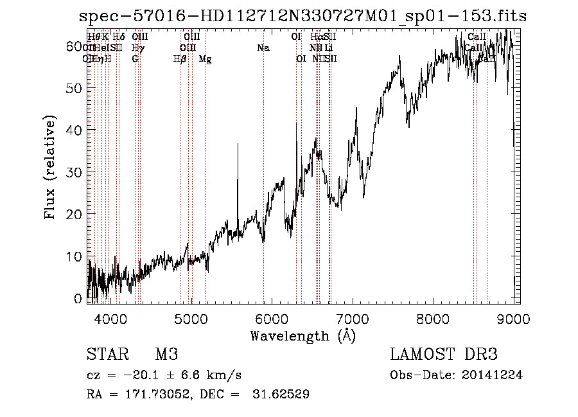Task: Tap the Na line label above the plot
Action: click(263, 48)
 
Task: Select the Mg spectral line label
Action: click(205, 59)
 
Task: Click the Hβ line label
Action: click(180, 59)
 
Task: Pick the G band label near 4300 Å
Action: click(135, 59)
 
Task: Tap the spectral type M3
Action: click(166, 355)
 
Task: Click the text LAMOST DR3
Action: click(444, 355)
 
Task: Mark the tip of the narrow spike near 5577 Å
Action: click(238, 144)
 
